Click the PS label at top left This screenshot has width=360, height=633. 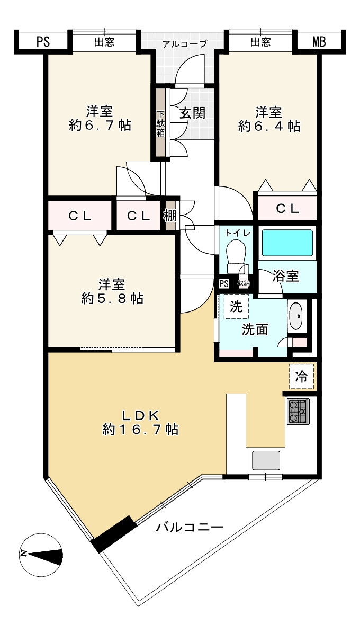[x=43, y=42]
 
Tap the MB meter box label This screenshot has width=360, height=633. [x=319, y=42]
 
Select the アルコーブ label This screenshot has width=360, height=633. [x=184, y=43]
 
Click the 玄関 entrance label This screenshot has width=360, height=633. [x=193, y=113]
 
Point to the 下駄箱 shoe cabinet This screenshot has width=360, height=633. [x=160, y=123]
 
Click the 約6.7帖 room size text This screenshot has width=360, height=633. [x=100, y=125]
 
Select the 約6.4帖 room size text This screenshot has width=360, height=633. [x=269, y=126]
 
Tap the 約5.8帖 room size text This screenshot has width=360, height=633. [x=112, y=298]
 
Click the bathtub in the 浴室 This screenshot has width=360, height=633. [x=287, y=243]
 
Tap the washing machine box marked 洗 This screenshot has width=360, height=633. [x=237, y=307]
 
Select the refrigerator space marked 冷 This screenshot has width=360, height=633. [x=301, y=377]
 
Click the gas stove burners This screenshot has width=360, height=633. [x=298, y=412]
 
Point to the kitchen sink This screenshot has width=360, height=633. [x=266, y=461]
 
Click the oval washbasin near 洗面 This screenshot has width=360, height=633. [x=296, y=316]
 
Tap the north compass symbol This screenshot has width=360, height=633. [x=41, y=555]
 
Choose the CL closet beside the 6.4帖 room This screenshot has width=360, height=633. [x=287, y=208]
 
